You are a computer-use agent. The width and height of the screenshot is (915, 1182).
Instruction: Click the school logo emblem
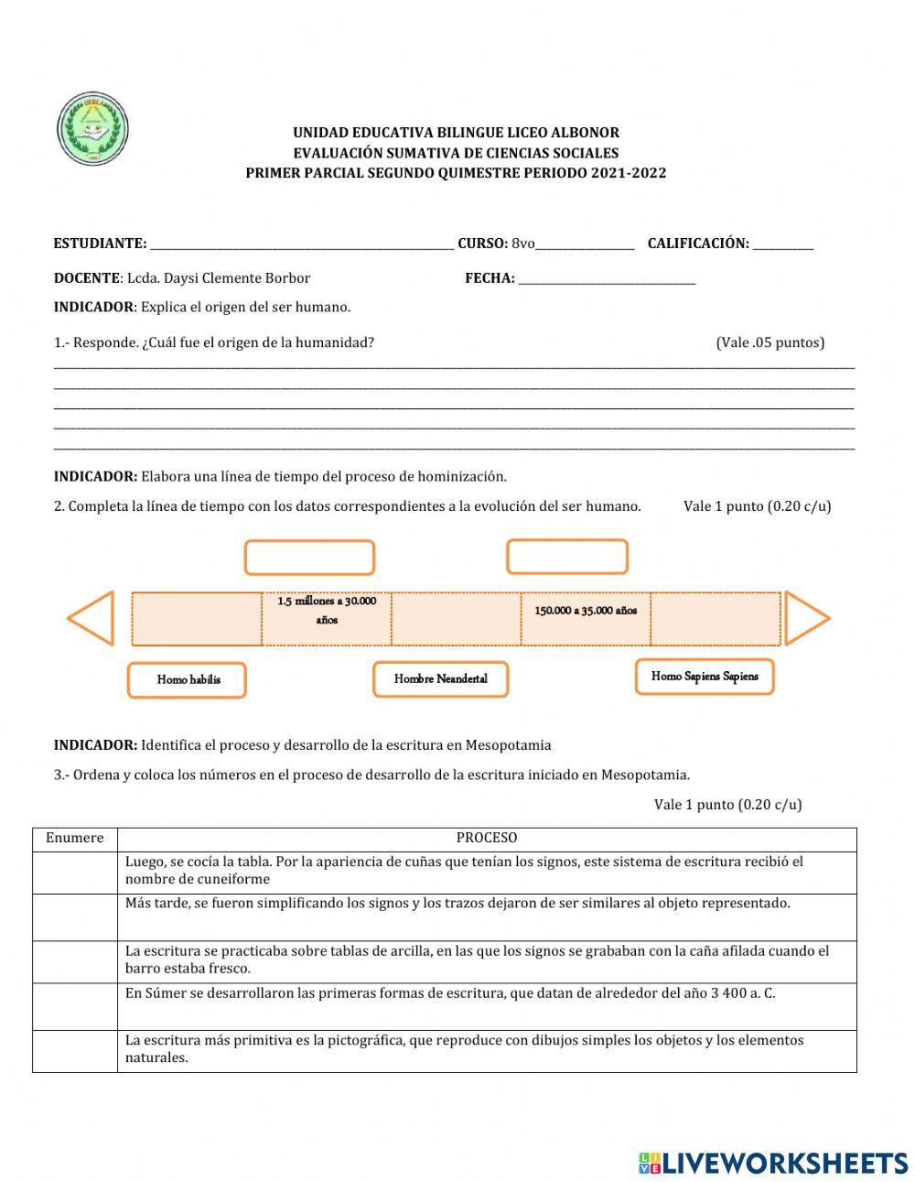coord(93,129)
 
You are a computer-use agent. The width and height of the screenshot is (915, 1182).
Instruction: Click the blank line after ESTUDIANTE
coord(302,245)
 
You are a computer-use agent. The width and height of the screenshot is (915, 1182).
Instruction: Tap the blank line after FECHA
coord(607,280)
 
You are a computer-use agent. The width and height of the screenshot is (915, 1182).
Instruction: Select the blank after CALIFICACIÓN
coord(782,245)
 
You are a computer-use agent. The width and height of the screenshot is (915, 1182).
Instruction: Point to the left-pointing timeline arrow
coord(91,618)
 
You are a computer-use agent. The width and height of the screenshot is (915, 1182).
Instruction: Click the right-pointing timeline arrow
coord(806,619)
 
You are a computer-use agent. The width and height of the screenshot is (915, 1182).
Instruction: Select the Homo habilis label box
coord(188,680)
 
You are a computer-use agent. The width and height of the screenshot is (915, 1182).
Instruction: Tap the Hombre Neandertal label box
coord(440,679)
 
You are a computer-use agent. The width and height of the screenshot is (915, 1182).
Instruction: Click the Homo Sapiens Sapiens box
coord(705,677)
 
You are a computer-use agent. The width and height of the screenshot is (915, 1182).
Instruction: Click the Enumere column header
coord(75,838)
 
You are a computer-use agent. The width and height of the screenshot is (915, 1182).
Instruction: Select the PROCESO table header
coord(487,838)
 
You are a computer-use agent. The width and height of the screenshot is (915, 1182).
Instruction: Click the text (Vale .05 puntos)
coord(770,342)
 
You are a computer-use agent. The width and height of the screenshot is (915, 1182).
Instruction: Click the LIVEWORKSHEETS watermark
coord(773,1163)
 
